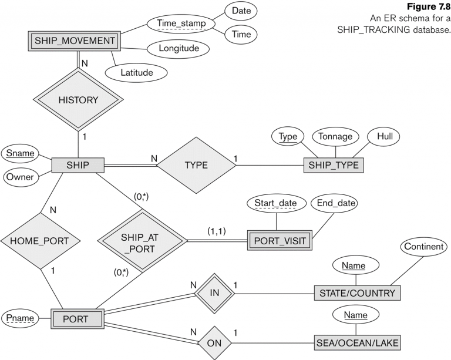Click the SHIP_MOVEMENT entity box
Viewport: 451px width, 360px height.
coord(74,41)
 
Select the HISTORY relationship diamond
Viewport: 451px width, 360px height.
coord(78,100)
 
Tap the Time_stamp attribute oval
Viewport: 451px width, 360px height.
coord(181,23)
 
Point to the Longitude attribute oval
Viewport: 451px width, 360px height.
coord(179,48)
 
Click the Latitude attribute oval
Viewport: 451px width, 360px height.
coord(136,72)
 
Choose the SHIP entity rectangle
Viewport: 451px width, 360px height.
coord(78,165)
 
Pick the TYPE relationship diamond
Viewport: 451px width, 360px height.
coord(196,165)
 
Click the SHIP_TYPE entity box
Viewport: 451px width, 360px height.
coord(334,166)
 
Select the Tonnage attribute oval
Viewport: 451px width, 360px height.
coord(335,136)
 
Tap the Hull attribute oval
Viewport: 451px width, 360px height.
coord(385,136)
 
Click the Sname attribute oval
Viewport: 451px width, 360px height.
coord(20,153)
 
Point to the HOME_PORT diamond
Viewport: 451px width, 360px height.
coord(40,241)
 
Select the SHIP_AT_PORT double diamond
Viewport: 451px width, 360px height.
coord(142,241)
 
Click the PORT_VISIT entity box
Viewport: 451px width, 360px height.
coord(280,240)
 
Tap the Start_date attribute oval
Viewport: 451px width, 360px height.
coord(275,203)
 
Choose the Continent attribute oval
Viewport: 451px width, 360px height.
coord(423,247)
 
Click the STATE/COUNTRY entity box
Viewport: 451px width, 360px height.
coord(357,293)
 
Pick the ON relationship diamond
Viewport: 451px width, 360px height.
coord(214,343)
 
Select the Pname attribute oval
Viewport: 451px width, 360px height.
coord(20,318)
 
